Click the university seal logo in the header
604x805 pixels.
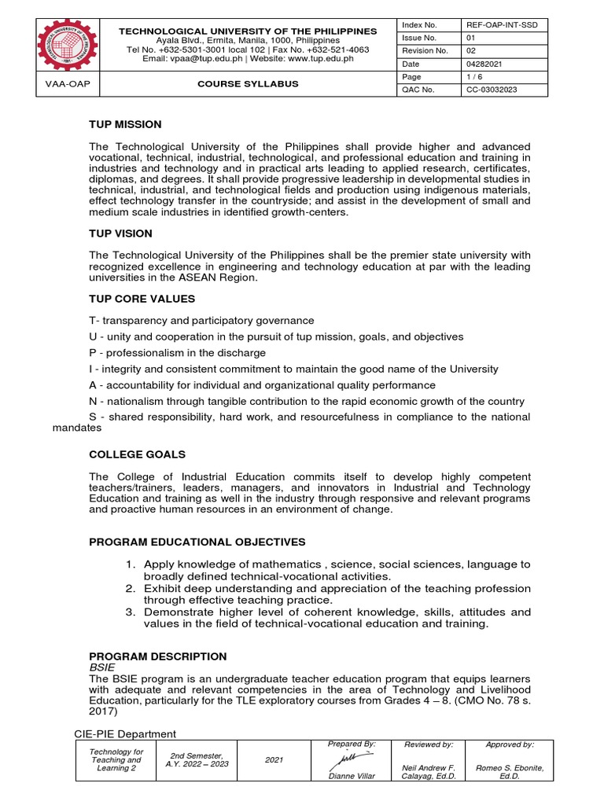pos(56,47)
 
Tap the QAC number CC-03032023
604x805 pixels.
pos(492,90)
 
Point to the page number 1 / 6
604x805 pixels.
pos(475,77)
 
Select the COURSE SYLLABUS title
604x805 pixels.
pos(247,83)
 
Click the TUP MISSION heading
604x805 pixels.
pos(125,124)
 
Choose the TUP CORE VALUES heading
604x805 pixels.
pos(142,299)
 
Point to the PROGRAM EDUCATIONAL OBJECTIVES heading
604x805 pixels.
pos(197,542)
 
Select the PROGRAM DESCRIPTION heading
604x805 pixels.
pos(157,656)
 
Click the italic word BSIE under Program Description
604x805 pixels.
pos(101,667)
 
